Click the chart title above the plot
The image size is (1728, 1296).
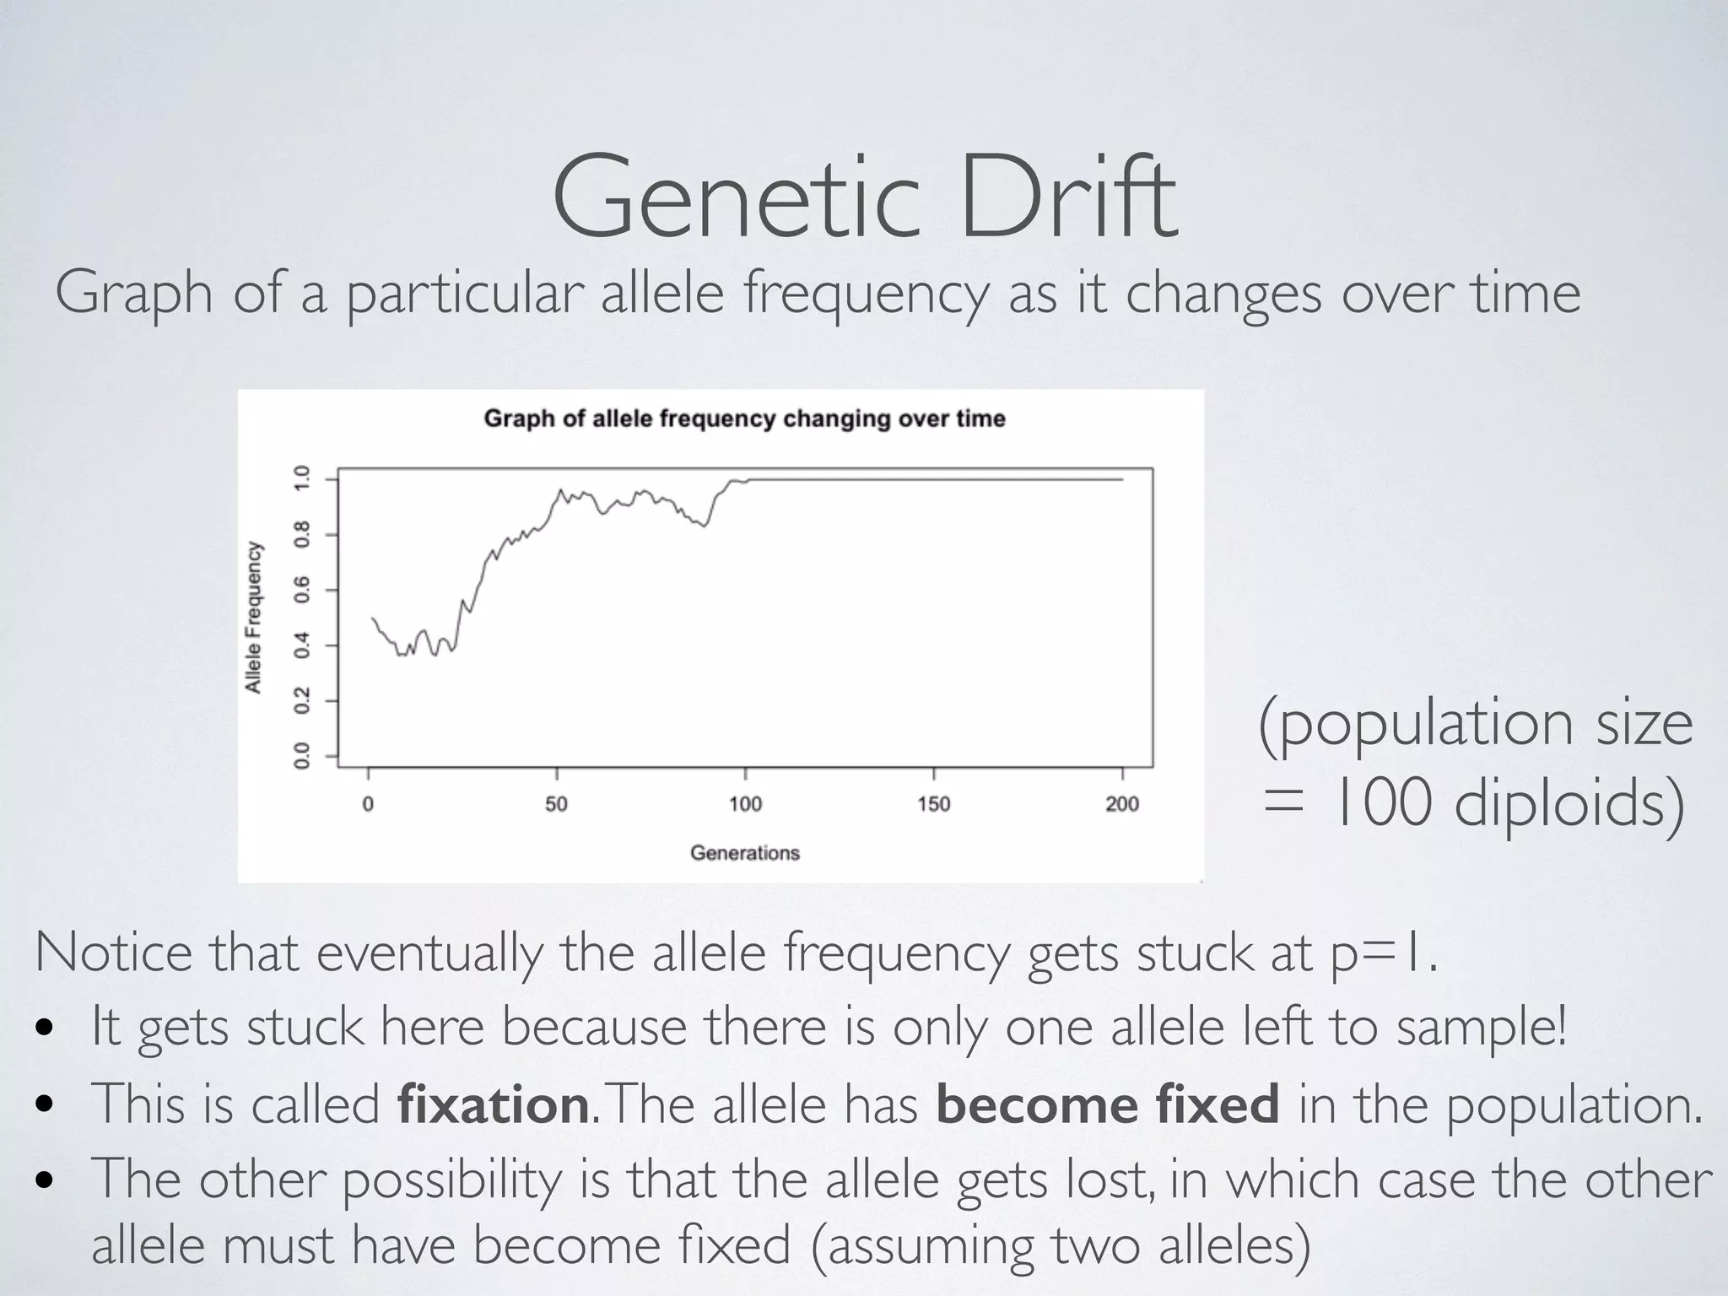(x=744, y=419)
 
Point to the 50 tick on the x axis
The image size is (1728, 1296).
(x=556, y=803)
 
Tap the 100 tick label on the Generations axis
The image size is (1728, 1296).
(x=745, y=803)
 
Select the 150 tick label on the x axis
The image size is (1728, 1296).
(x=934, y=803)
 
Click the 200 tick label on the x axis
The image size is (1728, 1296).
(x=1122, y=803)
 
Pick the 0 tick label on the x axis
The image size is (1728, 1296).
(x=368, y=803)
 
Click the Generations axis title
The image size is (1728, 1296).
(x=744, y=853)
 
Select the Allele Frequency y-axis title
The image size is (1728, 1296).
(x=253, y=618)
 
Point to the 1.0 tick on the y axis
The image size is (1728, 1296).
(x=302, y=478)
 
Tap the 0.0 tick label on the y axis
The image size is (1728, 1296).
(x=302, y=756)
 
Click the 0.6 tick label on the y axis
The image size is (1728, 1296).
(x=302, y=590)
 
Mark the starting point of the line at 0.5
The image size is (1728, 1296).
(x=372, y=618)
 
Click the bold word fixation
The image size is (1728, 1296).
(x=492, y=1104)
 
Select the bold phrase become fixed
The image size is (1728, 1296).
(x=1107, y=1104)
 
